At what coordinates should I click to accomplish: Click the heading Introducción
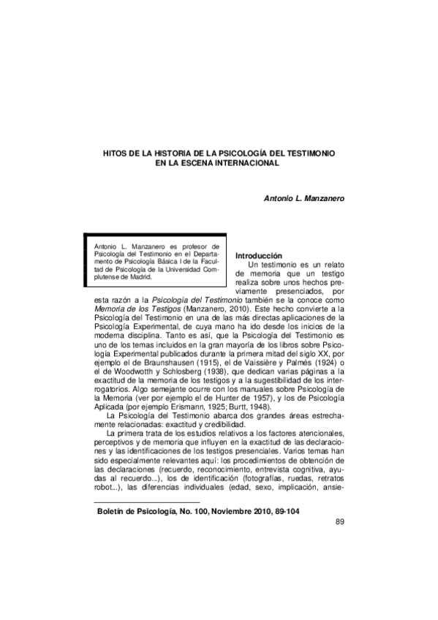258,255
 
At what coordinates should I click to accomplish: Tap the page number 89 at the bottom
339,521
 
